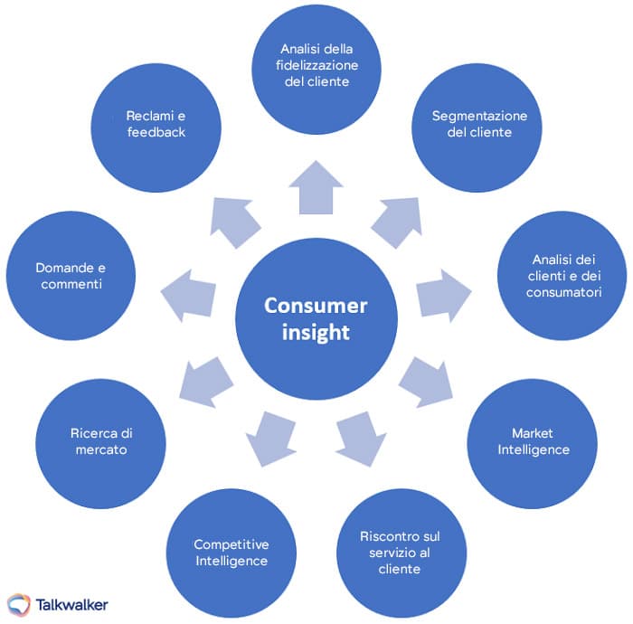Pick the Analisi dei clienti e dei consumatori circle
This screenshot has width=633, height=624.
(562, 275)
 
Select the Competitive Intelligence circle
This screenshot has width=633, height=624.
(231, 551)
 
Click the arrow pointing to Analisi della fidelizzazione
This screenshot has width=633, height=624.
(316, 188)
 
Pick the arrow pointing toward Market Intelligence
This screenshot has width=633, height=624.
(425, 380)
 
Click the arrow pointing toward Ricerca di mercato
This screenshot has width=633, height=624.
(207, 379)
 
